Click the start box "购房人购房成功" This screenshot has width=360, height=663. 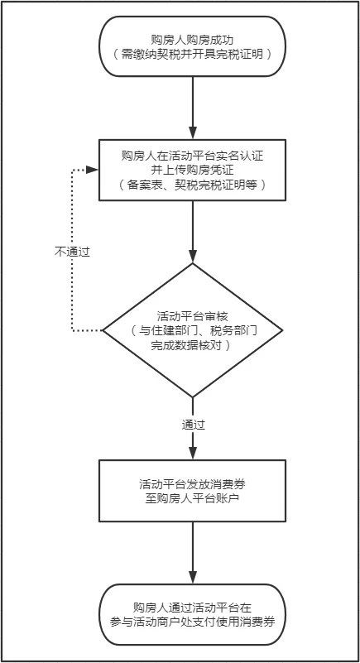click(192, 46)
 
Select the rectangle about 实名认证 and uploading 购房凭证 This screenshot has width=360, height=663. click(192, 170)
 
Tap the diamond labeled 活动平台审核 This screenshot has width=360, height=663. click(192, 330)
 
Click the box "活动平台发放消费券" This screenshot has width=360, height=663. click(192, 491)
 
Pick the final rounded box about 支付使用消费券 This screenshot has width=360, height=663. click(192, 614)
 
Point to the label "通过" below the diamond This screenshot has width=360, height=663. click(194, 425)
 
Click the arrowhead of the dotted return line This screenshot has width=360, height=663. click(93, 170)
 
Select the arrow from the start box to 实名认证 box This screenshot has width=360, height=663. click(193, 108)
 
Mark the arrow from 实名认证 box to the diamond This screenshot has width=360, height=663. click(193, 232)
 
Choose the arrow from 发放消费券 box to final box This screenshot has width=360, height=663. click(193, 553)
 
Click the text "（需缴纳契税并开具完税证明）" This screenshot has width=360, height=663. click(193, 54)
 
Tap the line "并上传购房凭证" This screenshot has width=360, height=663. click(193, 170)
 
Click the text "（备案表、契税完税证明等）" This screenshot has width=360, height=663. click(193, 185)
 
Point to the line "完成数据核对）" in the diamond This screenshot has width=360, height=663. click(193, 345)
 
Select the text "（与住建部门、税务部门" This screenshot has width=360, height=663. click(193, 330)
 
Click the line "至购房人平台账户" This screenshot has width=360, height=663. click(193, 498)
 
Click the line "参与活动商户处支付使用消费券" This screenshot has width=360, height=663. click(193, 622)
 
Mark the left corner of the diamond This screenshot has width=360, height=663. click(103, 330)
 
